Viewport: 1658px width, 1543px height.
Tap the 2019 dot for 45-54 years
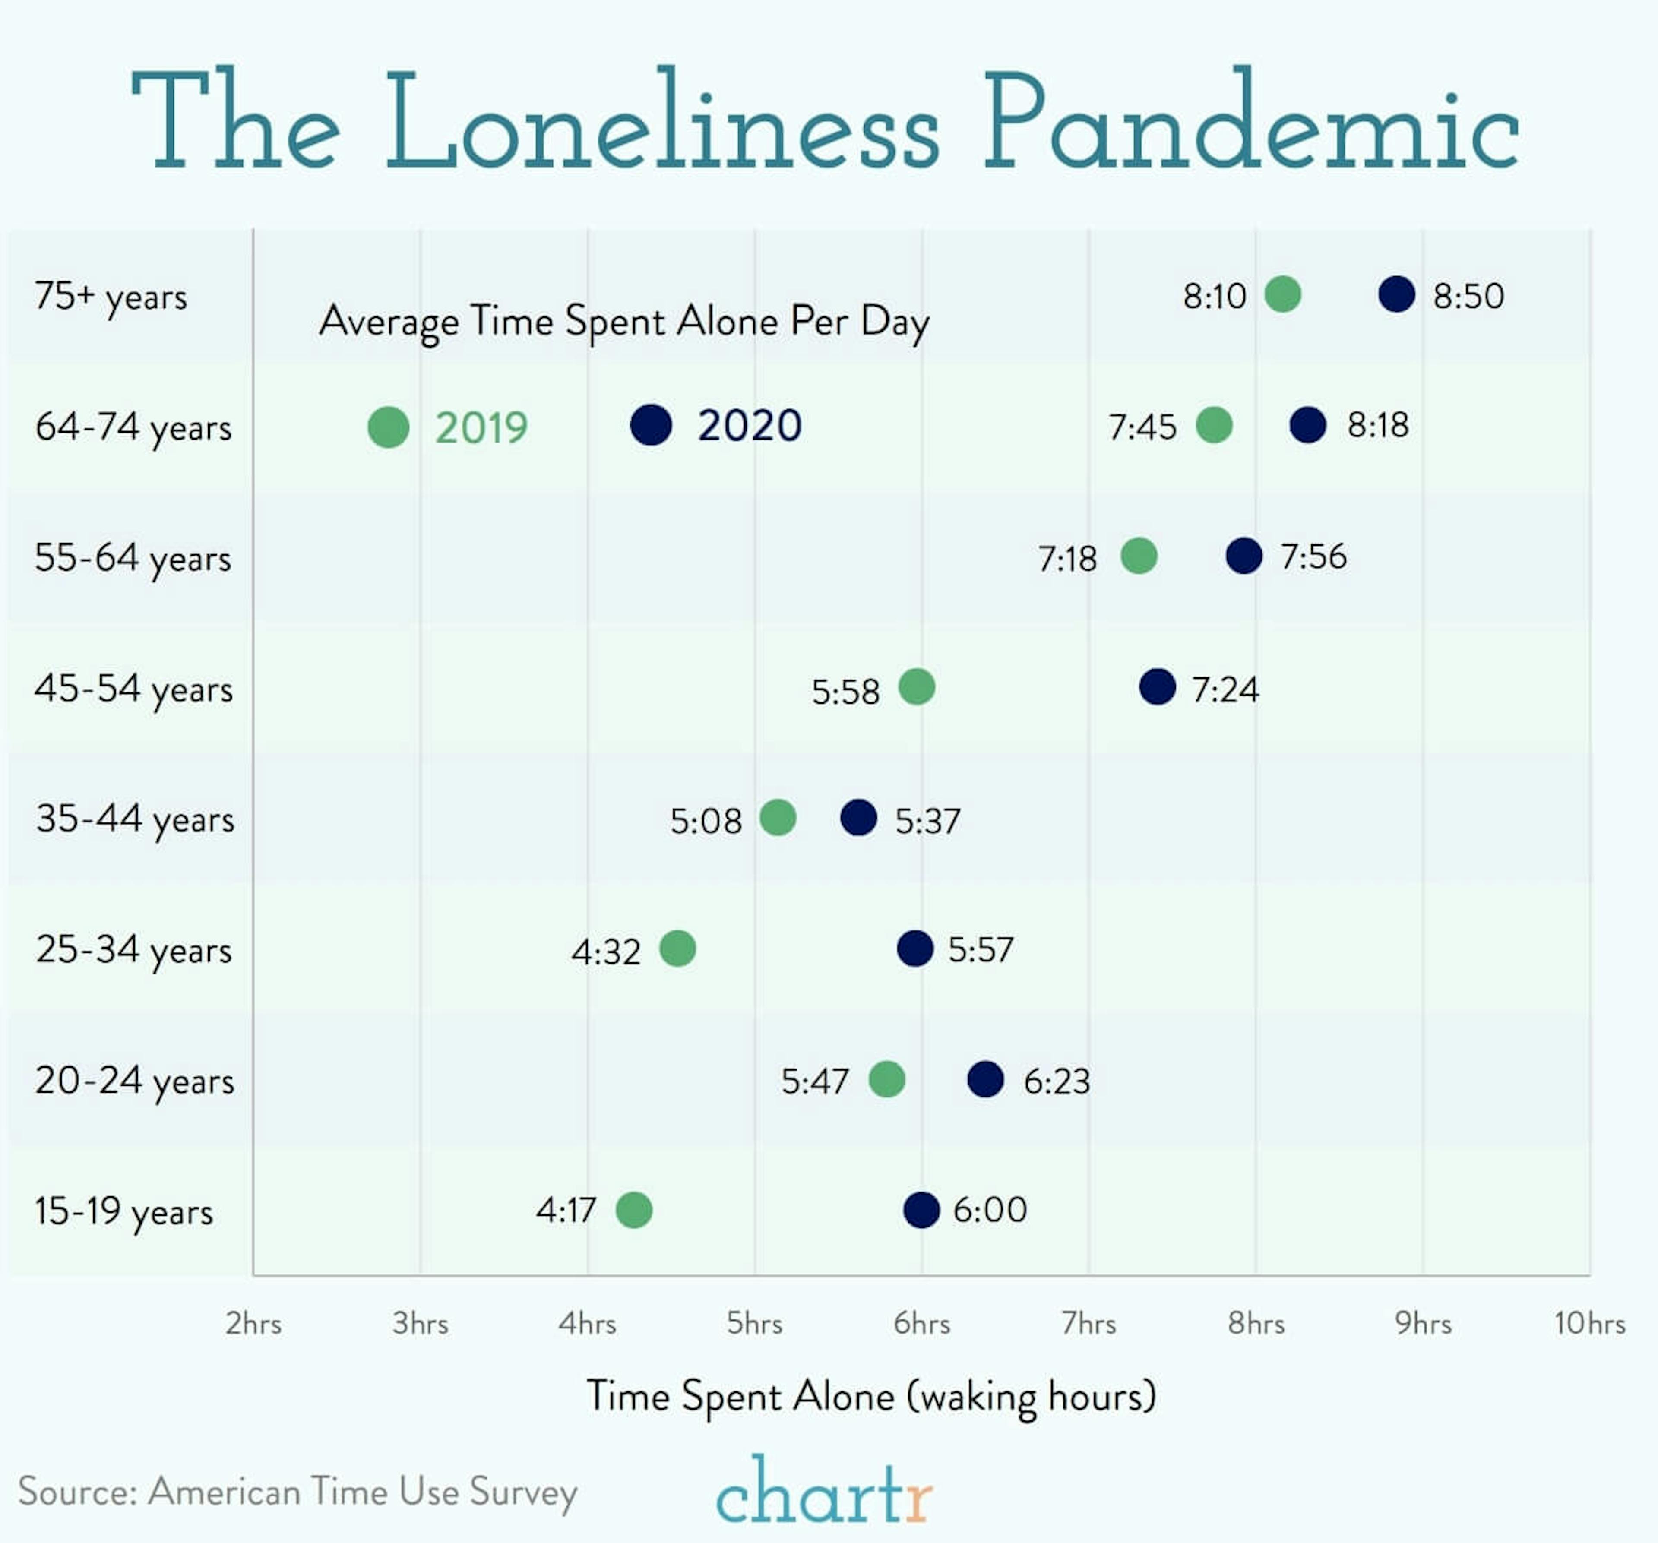(917, 687)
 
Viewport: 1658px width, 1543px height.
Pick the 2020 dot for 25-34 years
(915, 949)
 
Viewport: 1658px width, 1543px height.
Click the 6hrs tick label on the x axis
(921, 1324)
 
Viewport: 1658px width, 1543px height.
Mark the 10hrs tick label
(1590, 1324)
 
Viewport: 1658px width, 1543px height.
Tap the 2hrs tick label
(253, 1324)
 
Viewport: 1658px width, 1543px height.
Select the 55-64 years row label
(133, 558)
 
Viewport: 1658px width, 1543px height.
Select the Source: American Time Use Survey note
(298, 1492)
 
